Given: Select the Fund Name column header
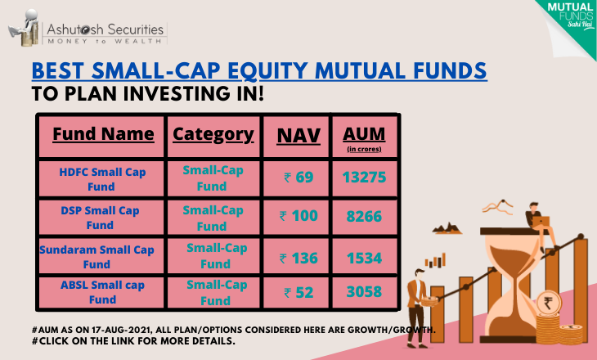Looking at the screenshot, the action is tap(103, 134).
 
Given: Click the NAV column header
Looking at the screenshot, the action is tap(298, 136).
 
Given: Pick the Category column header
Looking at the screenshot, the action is tap(213, 134).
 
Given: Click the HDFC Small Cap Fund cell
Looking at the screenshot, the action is tap(102, 179).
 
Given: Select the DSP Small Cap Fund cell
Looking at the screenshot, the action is tap(100, 218).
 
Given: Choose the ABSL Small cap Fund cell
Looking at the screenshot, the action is tap(102, 292).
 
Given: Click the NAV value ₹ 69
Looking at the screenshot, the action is tap(298, 178).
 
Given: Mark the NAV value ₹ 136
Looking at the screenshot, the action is tap(298, 259).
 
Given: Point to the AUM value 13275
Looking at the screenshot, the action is tap(365, 178).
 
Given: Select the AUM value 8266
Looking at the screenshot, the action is tap(364, 216).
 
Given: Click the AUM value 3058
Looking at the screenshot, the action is tap(364, 292).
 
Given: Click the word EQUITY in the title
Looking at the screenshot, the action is tap(267, 70).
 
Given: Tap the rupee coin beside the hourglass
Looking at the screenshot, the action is tap(548, 304).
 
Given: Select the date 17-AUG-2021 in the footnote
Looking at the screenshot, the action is tap(122, 330).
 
